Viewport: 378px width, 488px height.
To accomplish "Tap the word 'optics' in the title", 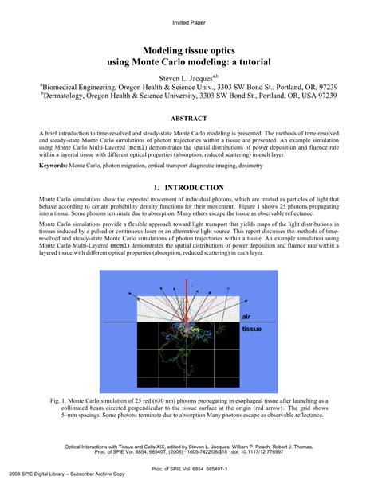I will [x=215, y=47].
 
